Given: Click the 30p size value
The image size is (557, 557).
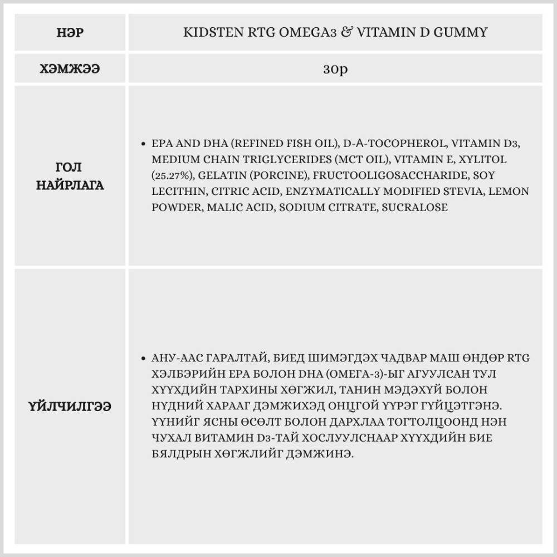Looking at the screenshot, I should coord(335,70).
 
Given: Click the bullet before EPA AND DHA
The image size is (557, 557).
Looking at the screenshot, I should coord(144,144).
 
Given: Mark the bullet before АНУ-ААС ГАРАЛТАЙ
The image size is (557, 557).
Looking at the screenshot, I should coord(144,358).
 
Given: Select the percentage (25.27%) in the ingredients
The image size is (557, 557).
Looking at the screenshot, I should coord(172,175).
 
